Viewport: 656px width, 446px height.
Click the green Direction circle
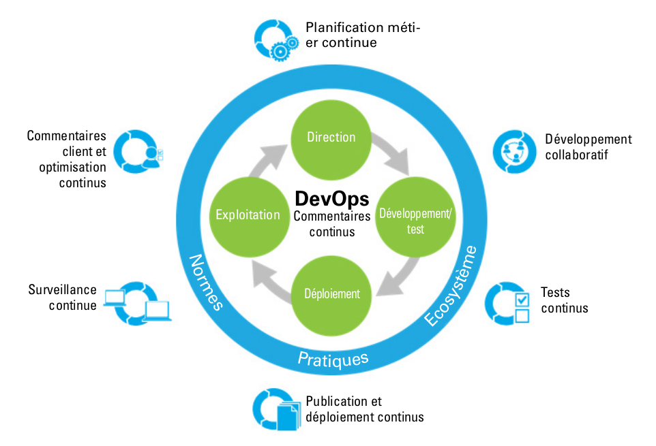pyautogui.click(x=331, y=137)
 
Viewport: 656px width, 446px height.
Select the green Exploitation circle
pyautogui.click(x=248, y=214)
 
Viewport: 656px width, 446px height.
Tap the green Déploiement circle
pyautogui.click(x=331, y=293)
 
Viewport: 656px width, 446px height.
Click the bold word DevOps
pyautogui.click(x=331, y=198)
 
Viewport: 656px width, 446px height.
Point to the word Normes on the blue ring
pyautogui.click(x=205, y=281)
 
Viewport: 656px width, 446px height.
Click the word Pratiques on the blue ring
pyautogui.click(x=333, y=359)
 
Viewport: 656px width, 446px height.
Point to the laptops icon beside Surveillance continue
pyautogui.click(x=137, y=303)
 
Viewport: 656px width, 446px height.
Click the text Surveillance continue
pyautogui.click(x=63, y=298)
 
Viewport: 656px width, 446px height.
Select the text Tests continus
pyautogui.click(x=564, y=300)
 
